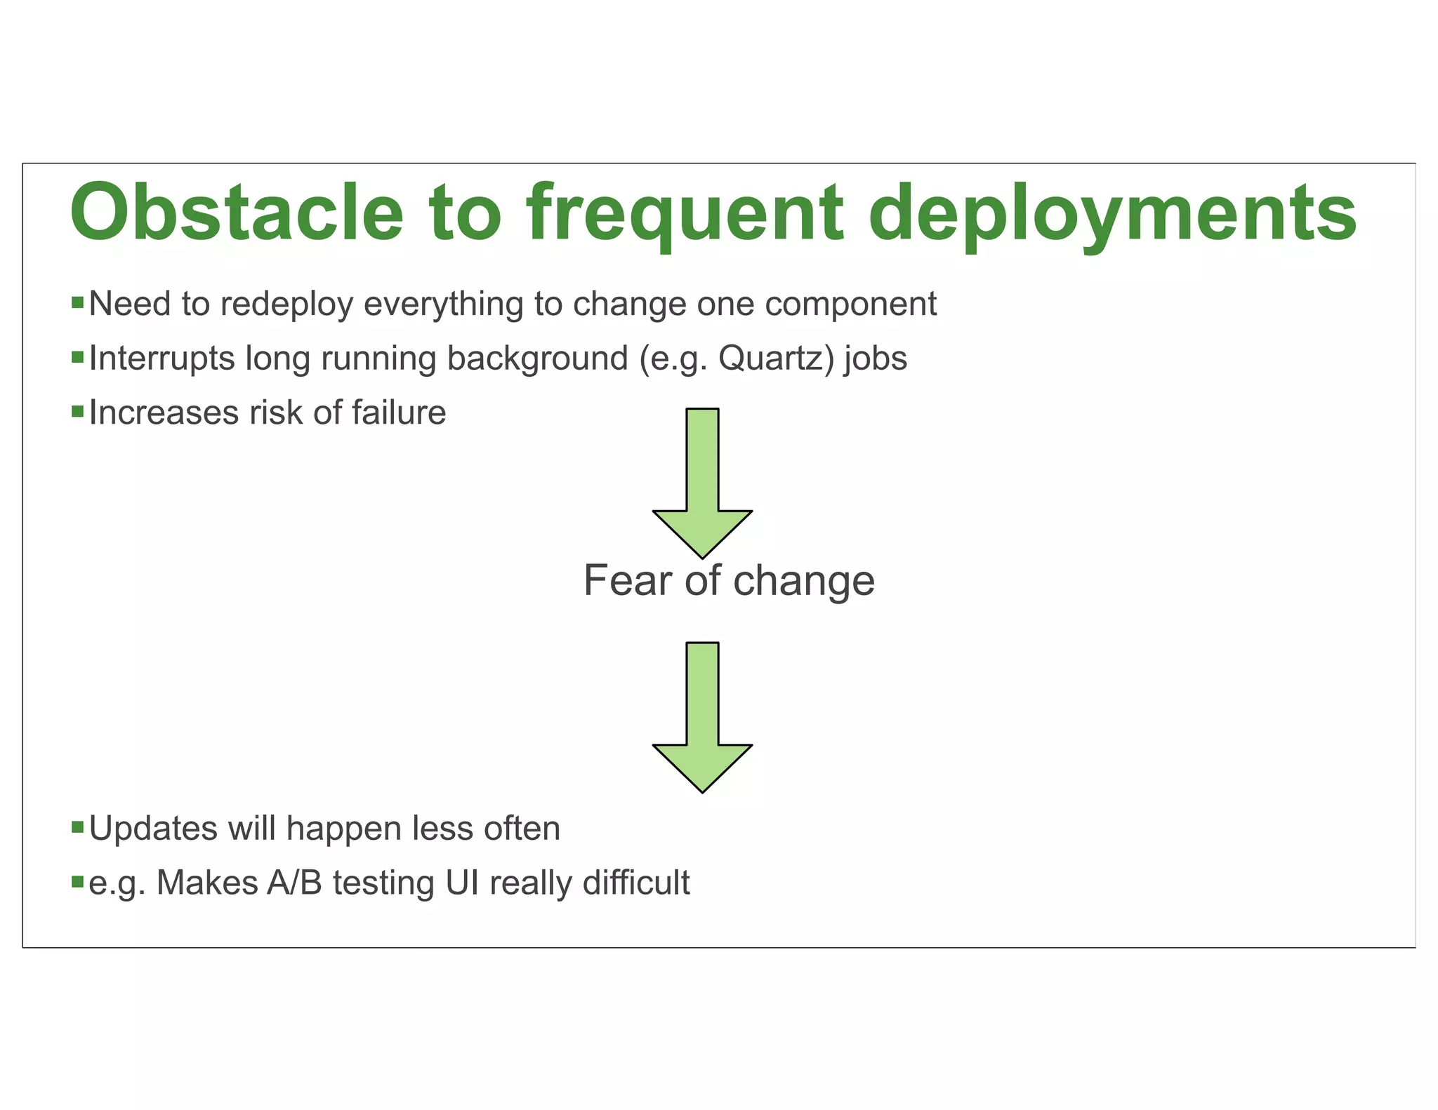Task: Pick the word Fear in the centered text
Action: point(627,581)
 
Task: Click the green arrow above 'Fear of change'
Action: point(702,484)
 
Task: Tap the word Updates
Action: point(154,829)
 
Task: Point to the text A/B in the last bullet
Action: point(294,883)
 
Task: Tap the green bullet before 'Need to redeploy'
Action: point(77,304)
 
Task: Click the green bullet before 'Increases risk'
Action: point(77,412)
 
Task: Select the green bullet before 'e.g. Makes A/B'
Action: point(77,882)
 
